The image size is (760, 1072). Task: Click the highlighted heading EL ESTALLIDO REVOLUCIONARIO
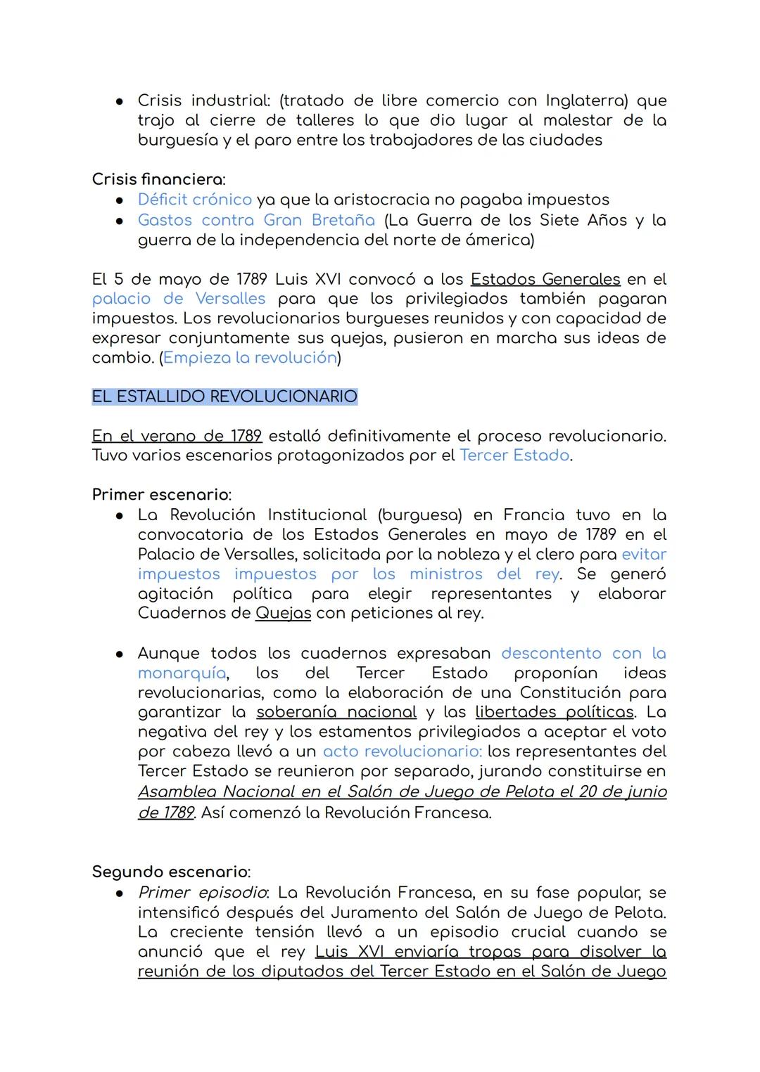(x=224, y=396)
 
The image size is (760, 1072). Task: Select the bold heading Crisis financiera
(x=158, y=180)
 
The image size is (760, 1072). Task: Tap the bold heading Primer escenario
(x=161, y=495)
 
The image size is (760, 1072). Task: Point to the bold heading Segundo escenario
(x=170, y=872)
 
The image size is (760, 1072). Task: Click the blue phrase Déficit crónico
(x=194, y=200)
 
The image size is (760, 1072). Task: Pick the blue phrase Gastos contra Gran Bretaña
(x=256, y=220)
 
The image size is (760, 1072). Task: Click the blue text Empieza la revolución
(x=250, y=358)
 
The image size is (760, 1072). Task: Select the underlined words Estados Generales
(x=545, y=279)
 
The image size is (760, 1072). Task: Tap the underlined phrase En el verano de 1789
(x=177, y=436)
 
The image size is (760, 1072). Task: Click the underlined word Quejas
(x=283, y=613)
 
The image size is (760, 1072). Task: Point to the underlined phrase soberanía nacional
(x=336, y=712)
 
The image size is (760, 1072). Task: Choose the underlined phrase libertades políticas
(x=555, y=712)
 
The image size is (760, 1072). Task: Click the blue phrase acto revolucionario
(x=402, y=751)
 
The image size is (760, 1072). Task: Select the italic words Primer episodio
(x=202, y=893)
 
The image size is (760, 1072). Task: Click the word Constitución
(x=579, y=692)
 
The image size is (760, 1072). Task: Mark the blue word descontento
(x=551, y=653)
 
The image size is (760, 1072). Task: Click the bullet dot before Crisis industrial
(x=120, y=101)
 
